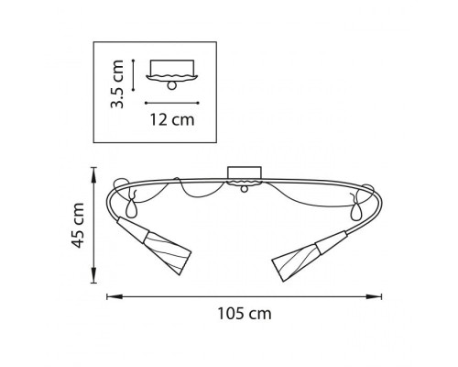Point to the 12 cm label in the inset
point(172,118)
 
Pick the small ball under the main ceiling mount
point(245,190)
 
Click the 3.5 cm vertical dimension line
point(135,74)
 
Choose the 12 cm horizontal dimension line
point(171,101)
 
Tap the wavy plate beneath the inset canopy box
point(171,76)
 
